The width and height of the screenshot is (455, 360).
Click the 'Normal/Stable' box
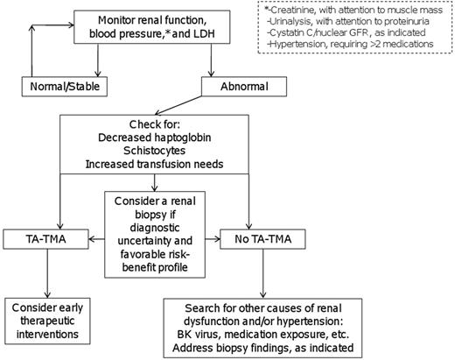[59, 87]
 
